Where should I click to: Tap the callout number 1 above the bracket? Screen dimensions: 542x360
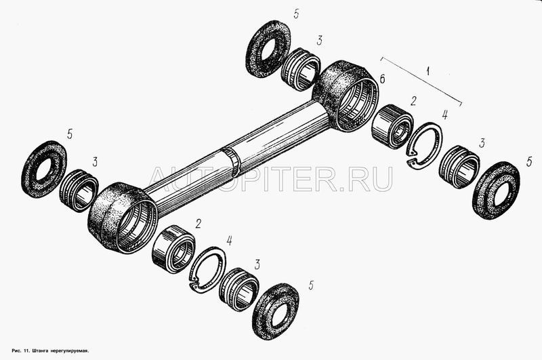point(428,70)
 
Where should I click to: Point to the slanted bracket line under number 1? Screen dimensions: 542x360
point(421,80)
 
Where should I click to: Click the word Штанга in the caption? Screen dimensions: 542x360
point(41,352)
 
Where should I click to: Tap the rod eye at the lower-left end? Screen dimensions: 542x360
point(123,216)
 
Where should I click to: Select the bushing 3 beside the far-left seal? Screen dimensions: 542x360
point(80,188)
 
